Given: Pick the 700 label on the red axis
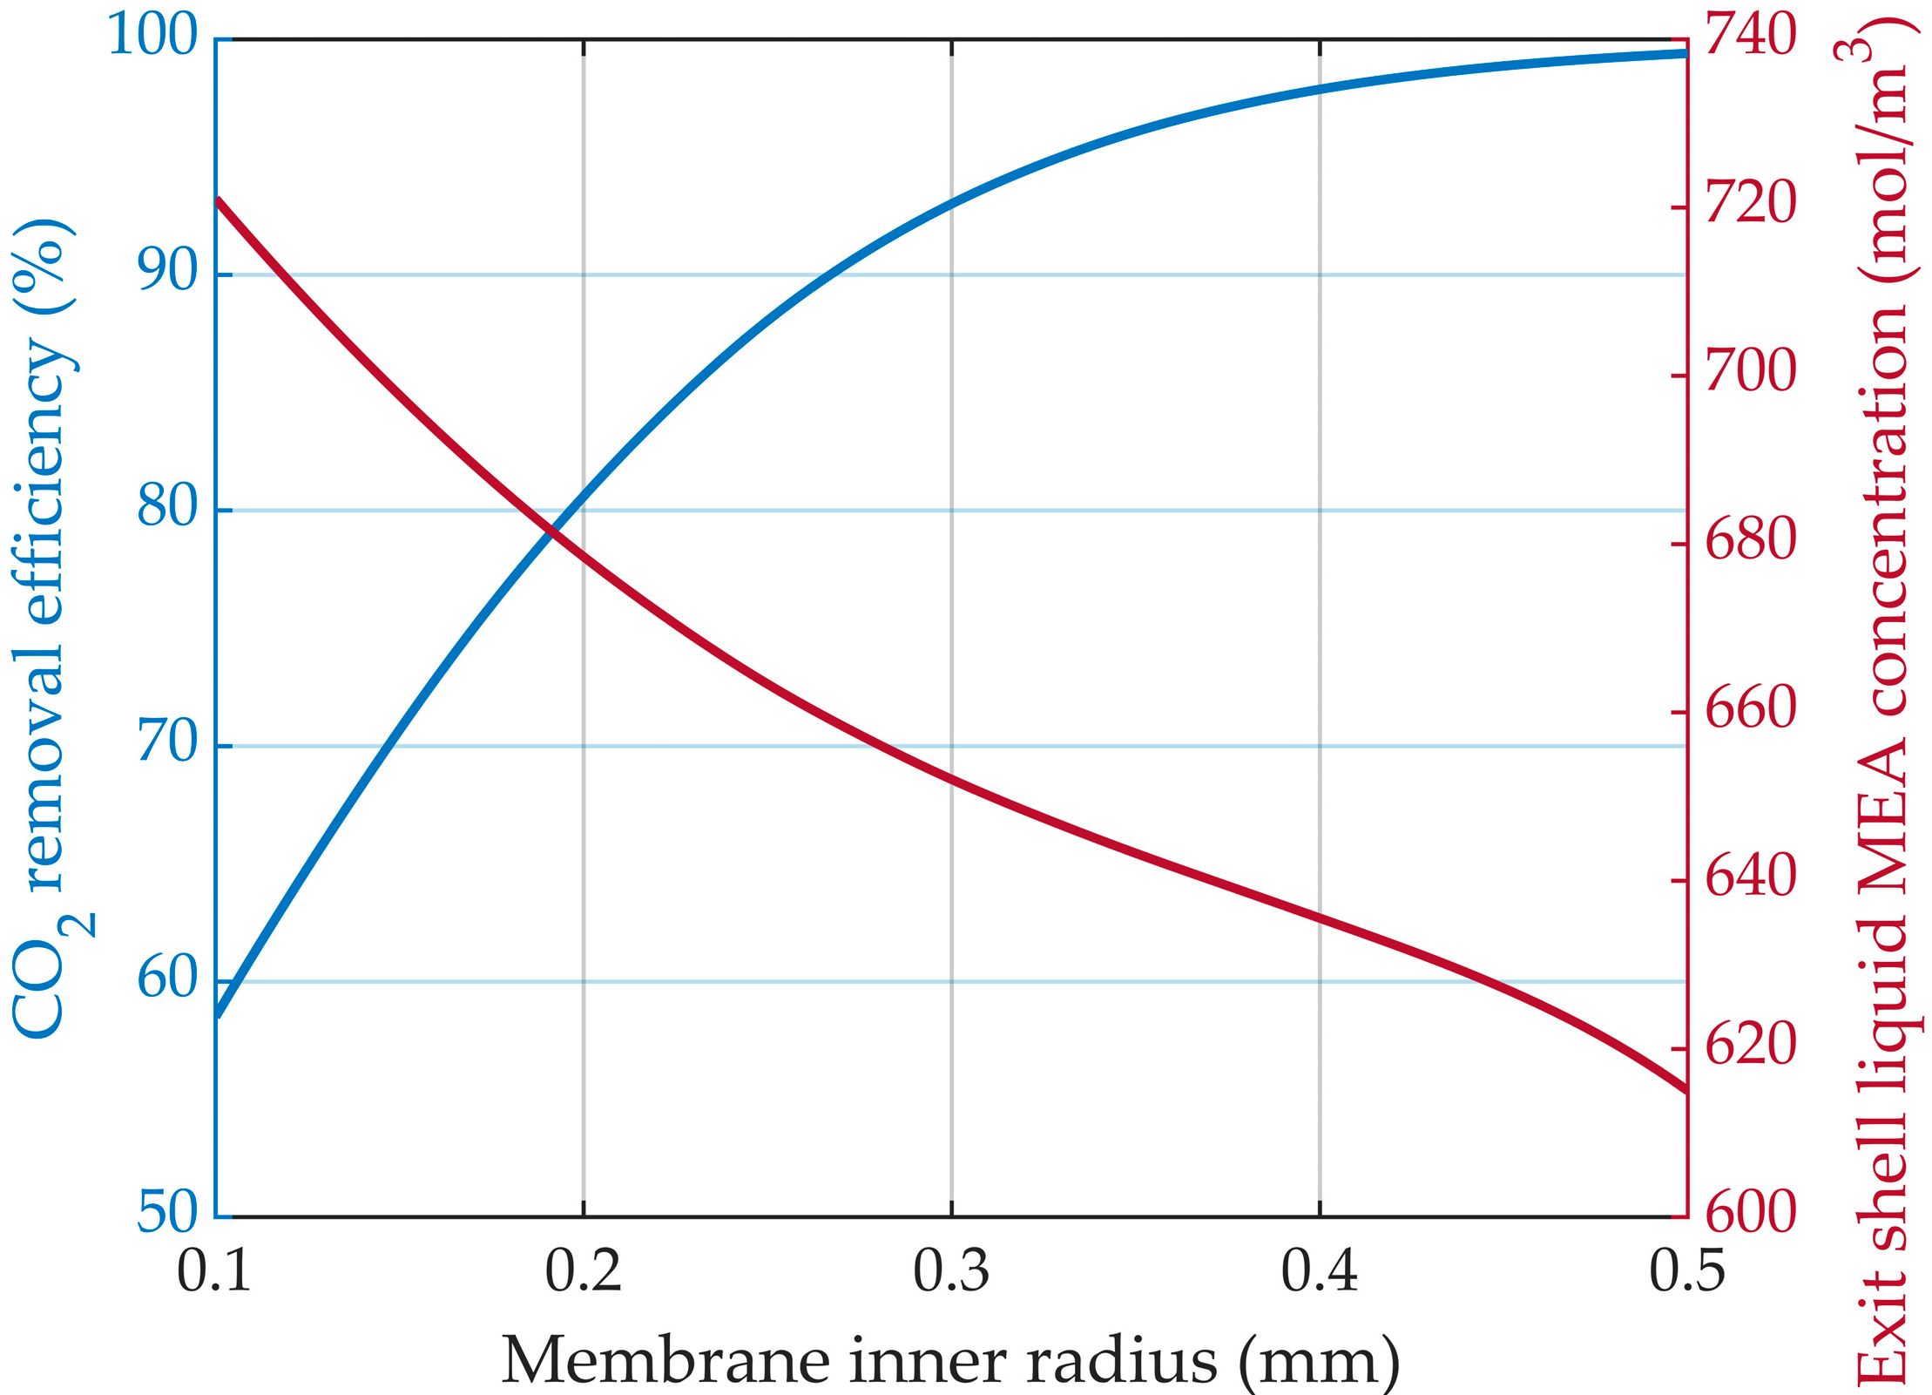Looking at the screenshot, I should tap(1750, 372).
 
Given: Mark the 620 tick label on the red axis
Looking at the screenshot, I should tap(1750, 1045).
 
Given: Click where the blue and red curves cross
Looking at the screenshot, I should tap(551, 528).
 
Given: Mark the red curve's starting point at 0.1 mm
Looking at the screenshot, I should tap(218, 201).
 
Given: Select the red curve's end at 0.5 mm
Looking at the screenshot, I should tap(1685, 1089).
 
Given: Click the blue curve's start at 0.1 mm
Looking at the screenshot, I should tap(219, 1014).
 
